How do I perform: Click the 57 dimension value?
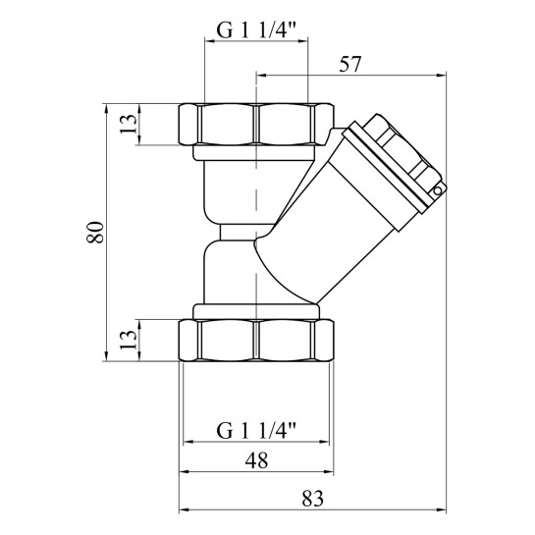pyautogui.click(x=349, y=64)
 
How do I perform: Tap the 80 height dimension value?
pyautogui.click(x=95, y=232)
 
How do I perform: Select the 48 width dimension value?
pyautogui.click(x=256, y=460)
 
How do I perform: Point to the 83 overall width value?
pyautogui.click(x=312, y=499)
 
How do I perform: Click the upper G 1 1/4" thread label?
pyautogui.click(x=256, y=31)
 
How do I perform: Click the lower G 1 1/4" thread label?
pyautogui.click(x=256, y=431)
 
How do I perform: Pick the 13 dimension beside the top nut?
pyautogui.click(x=129, y=125)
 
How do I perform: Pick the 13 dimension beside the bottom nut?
pyautogui.click(x=129, y=340)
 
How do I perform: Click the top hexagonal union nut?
pyautogui.click(x=256, y=125)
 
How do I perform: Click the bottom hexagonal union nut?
pyautogui.click(x=256, y=341)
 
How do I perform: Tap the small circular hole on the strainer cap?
pyautogui.click(x=438, y=191)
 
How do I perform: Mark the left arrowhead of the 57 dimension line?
pyautogui.click(x=261, y=76)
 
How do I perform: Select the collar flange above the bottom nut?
pyautogui.click(x=256, y=311)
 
